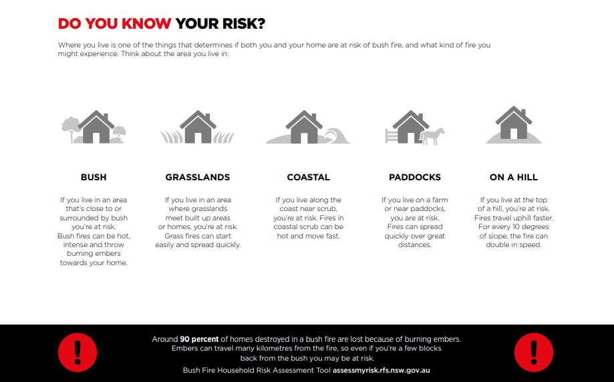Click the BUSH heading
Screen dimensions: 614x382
[94, 177]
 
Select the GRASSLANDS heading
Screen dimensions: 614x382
[198, 177]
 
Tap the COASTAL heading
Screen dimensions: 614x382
[309, 177]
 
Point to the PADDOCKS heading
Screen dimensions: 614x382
[415, 177]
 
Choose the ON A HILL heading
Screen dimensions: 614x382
[514, 177]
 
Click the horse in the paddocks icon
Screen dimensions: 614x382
[433, 136]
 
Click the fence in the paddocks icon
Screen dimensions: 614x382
[392, 136]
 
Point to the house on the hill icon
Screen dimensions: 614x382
[514, 122]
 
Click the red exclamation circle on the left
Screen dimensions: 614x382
[78, 352]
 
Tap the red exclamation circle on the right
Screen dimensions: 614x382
[534, 352]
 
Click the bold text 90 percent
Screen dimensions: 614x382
[199, 339]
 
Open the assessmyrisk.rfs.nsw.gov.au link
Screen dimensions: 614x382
[381, 370]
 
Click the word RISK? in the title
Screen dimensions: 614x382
[243, 23]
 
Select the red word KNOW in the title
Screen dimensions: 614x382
[146, 23]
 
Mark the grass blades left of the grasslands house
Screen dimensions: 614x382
[172, 136]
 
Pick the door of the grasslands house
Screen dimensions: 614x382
[198, 138]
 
